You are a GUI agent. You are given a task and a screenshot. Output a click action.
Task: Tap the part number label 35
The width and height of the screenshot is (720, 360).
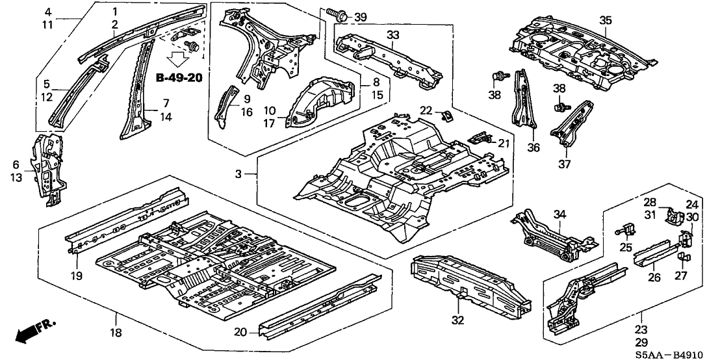[606, 20]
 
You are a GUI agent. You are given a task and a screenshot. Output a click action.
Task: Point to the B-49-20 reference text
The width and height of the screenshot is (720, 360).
[179, 78]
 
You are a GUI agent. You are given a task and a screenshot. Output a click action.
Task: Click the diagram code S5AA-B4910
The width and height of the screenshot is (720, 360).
[681, 352]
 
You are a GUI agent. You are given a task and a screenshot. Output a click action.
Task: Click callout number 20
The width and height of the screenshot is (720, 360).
[240, 332]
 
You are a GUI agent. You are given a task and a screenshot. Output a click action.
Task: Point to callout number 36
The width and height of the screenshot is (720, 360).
[534, 148]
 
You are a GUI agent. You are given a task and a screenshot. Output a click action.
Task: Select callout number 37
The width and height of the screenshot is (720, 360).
[565, 164]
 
